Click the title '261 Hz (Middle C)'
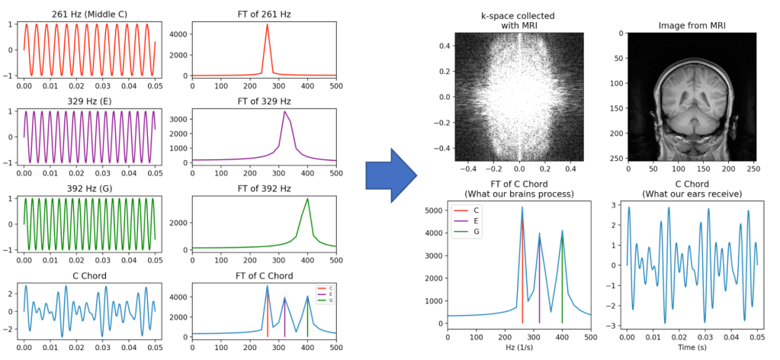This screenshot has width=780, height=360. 88,14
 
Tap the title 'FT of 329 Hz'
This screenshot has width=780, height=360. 264,101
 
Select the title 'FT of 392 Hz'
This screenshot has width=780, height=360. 264,188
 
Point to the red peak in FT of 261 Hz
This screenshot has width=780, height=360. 267,25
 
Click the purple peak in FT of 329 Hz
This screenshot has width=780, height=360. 284,112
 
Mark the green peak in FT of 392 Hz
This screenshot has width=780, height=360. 307,199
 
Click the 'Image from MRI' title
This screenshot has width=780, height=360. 692,26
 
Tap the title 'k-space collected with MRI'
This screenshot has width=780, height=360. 518,21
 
